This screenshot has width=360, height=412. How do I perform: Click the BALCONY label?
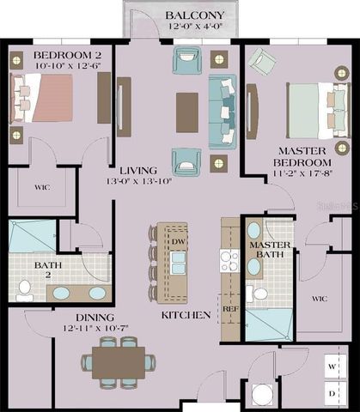click(x=195, y=15)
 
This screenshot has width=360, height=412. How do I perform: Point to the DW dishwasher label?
click(x=177, y=242)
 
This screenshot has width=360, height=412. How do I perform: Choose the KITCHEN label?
click(x=186, y=316)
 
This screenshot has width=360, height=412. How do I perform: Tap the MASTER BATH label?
click(x=271, y=250)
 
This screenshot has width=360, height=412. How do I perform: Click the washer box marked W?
click(x=331, y=365)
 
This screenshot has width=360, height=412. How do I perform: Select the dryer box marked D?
click(x=331, y=392)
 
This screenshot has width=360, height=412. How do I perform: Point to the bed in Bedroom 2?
click(x=44, y=97)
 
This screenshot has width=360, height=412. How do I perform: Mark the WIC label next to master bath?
click(x=320, y=298)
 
